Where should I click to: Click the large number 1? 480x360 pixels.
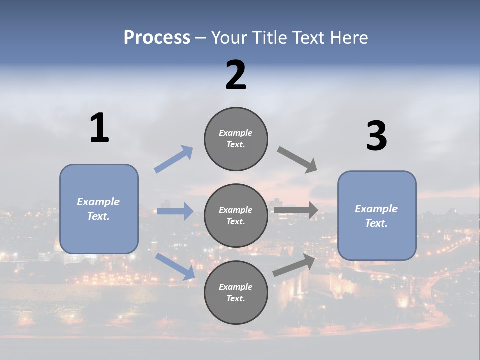99,128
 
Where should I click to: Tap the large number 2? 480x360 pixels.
236,75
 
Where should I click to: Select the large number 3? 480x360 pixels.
376,136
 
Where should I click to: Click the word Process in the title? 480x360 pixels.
157,37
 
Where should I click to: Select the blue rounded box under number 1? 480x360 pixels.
99,209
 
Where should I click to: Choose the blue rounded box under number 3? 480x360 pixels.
377,216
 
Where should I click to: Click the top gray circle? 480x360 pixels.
236,139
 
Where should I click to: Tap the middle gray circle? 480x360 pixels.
236,216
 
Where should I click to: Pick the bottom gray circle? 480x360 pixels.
236,293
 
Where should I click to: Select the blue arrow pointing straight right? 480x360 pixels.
175,211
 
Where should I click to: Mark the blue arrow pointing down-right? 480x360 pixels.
175,265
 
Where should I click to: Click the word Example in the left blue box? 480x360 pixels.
98,202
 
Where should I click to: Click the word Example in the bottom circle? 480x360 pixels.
235,287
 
